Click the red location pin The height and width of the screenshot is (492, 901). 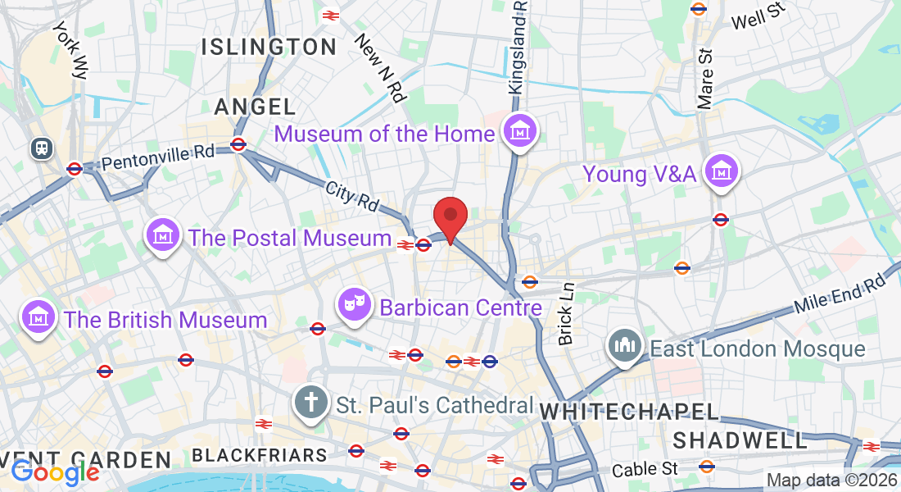[450, 216]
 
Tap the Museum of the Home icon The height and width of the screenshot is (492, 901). [519, 131]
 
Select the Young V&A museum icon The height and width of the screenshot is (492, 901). [722, 172]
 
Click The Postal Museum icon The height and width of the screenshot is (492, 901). [163, 236]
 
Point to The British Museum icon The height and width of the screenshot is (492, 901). [38, 317]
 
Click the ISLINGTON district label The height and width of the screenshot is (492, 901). [269, 47]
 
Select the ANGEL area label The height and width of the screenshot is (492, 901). [255, 106]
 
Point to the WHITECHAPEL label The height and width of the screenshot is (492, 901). [628, 412]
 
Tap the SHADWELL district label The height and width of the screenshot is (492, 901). [740, 440]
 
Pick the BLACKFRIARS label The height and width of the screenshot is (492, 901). [259, 454]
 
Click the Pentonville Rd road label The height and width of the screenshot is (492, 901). [159, 156]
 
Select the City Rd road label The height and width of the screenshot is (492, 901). [352, 196]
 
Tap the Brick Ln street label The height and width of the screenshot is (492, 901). [566, 314]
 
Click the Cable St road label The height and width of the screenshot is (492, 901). [646, 469]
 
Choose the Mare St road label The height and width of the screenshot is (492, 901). [706, 79]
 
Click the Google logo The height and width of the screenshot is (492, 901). [55, 472]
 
